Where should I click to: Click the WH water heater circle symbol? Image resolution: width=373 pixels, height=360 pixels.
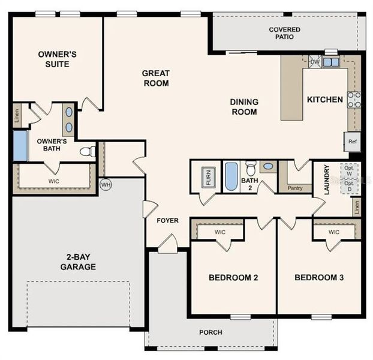coord(106,184)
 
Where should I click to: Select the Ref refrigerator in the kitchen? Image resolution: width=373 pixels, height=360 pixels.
coord(353,142)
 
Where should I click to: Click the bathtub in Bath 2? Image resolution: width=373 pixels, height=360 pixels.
coord(231,176)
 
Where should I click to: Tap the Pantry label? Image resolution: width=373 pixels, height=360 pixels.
coord(294,188)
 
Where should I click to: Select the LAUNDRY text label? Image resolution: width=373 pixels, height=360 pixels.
coord(327,181)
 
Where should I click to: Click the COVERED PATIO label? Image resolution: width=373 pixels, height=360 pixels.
coord(285,33)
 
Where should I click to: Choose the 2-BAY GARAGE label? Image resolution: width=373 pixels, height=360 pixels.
coord(77,262)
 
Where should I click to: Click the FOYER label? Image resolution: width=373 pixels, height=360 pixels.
coord(167,220)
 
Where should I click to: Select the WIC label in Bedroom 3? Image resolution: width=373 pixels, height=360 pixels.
coord(333,232)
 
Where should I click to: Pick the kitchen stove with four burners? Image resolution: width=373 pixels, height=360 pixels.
coord(354,100)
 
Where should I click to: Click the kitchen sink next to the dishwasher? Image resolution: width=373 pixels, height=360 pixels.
coord(330,61)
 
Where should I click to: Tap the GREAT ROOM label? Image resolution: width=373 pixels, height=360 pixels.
coord(155,78)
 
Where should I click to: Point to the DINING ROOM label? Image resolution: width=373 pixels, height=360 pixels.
coord(243,107)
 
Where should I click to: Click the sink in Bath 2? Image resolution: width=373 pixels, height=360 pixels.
coord(268,166)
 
